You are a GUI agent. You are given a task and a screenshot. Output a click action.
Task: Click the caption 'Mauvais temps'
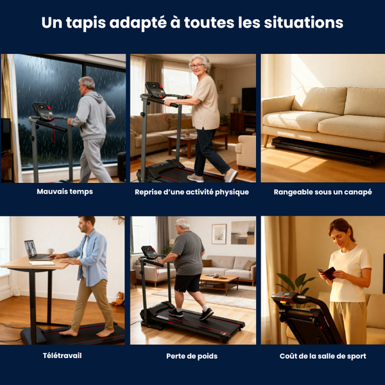(64, 191)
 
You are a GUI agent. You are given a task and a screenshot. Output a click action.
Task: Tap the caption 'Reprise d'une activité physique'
(192, 192)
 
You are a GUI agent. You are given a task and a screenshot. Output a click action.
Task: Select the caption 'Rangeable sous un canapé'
(323, 192)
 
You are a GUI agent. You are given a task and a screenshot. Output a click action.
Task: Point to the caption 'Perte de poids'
(192, 355)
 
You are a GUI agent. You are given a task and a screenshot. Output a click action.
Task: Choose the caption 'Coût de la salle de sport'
(323, 355)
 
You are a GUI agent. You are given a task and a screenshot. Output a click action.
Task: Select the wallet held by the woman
(328, 273)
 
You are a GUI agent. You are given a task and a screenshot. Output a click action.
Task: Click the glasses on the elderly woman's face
(198, 66)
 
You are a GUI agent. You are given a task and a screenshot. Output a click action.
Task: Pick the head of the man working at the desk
(87, 225)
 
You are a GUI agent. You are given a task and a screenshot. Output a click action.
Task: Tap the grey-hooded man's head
(87, 84)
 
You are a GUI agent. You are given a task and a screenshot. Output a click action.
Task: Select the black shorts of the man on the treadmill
(188, 282)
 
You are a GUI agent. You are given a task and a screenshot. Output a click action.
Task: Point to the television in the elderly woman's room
(249, 100)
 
